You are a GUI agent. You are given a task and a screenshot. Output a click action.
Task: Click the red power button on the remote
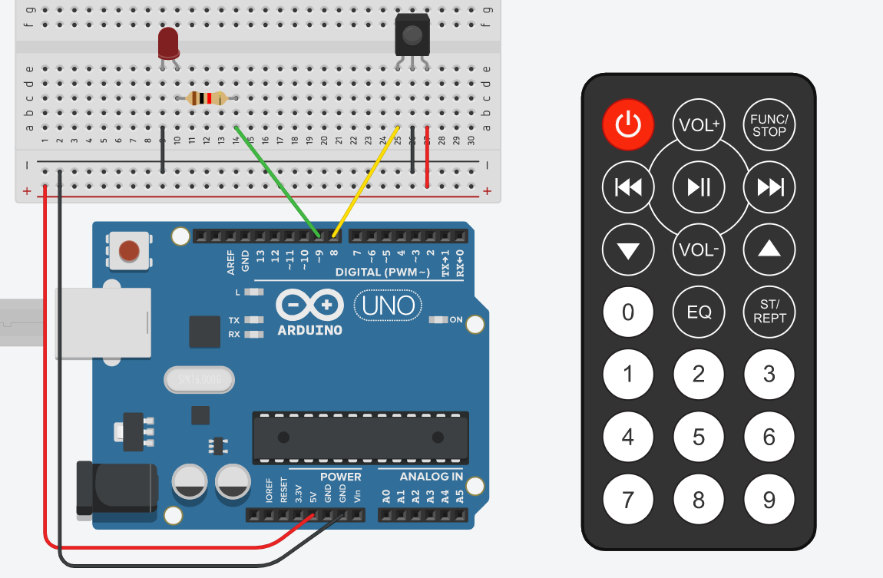(x=628, y=124)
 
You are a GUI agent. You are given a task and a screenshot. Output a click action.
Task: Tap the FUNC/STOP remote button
(x=769, y=124)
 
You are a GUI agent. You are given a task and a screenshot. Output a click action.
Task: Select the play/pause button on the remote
(x=699, y=187)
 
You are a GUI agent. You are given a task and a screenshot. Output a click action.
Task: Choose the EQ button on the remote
(x=699, y=312)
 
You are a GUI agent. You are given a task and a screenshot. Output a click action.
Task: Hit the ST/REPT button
(x=769, y=312)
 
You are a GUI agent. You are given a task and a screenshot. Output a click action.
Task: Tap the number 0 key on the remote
(x=628, y=312)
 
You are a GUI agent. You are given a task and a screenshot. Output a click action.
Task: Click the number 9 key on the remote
(x=769, y=500)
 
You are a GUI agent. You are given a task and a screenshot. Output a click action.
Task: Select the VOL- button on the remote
(x=699, y=250)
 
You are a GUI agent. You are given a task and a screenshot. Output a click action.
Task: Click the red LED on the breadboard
(x=168, y=44)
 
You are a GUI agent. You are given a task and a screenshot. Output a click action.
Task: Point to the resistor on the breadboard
(x=207, y=98)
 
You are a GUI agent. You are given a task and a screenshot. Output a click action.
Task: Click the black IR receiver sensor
(x=412, y=35)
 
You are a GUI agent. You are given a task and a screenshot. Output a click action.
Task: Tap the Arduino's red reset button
(x=129, y=250)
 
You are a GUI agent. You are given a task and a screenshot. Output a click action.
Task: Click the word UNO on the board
(x=389, y=306)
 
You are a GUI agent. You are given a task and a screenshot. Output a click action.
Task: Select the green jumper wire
(x=278, y=181)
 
